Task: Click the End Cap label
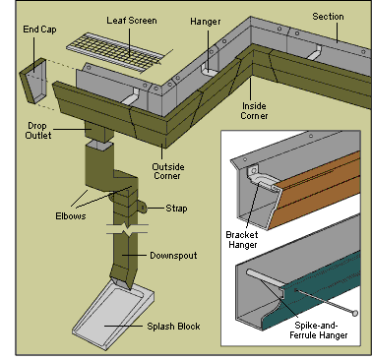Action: pyautogui.click(x=39, y=30)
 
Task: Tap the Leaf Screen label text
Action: pyautogui.click(x=132, y=21)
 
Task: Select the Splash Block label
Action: pyautogui.click(x=173, y=327)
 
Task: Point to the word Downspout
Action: pyautogui.click(x=173, y=256)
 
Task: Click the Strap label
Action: pyautogui.click(x=176, y=209)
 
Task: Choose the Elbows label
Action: pyautogui.click(x=71, y=216)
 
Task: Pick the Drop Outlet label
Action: pyautogui.click(x=38, y=131)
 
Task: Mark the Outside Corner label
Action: pyautogui.click(x=168, y=171)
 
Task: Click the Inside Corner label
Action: pyautogui.click(x=254, y=111)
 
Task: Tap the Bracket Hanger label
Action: pyautogui.click(x=242, y=240)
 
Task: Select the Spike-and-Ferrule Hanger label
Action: pyautogui.click(x=318, y=330)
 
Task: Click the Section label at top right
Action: pyautogui.click(x=328, y=17)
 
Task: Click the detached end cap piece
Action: pyautogui.click(x=33, y=81)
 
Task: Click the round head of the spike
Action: pyautogui.click(x=354, y=313)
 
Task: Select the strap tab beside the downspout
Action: pyautogui.click(x=143, y=207)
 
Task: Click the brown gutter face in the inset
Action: pyautogui.click(x=316, y=190)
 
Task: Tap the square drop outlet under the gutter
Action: pyautogui.click(x=98, y=131)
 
